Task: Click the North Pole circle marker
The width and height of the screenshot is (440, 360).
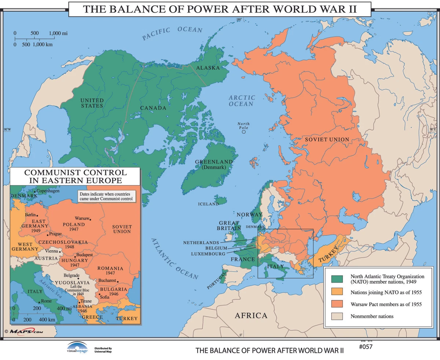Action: click(244, 132)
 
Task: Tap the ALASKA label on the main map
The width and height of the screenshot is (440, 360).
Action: click(208, 68)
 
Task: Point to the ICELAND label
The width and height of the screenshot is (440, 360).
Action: click(208, 204)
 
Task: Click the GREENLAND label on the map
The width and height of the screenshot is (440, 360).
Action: click(214, 162)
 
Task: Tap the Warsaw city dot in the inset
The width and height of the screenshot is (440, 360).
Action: click(90, 220)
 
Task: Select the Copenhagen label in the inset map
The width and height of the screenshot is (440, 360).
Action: click(48, 191)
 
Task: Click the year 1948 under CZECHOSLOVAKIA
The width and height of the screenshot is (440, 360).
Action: click(69, 247)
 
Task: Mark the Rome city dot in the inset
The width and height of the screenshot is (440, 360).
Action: click(40, 302)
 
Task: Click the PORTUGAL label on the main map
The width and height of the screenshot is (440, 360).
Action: click(216, 280)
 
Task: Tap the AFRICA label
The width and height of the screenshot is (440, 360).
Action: click(251, 316)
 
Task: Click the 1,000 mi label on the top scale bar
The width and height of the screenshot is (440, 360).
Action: click(58, 33)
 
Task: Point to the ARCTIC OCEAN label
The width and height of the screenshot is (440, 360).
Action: click(242, 100)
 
